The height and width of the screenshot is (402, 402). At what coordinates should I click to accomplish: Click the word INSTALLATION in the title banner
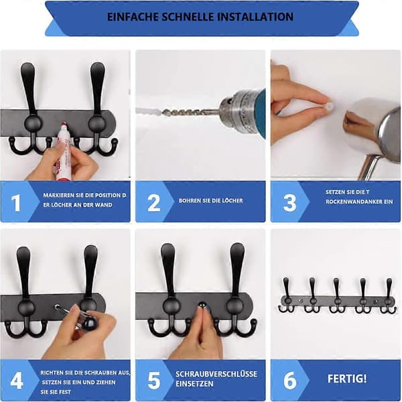(x=257, y=17)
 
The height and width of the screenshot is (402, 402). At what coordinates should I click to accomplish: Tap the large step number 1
(x=16, y=203)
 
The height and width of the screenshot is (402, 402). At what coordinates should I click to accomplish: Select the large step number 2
(x=154, y=203)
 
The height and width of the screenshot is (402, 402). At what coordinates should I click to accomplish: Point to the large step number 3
(x=290, y=203)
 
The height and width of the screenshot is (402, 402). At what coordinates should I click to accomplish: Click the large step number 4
(x=16, y=381)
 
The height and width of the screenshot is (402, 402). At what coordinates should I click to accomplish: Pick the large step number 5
(x=154, y=381)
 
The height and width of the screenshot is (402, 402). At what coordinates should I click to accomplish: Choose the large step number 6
(x=290, y=381)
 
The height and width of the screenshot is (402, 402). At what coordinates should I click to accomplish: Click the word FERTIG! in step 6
(x=347, y=379)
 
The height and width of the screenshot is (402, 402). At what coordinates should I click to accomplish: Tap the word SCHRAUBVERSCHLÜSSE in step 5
(x=216, y=374)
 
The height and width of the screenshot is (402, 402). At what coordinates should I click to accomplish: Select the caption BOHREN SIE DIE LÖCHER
(x=211, y=200)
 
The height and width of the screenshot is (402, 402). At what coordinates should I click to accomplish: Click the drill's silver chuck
(x=236, y=111)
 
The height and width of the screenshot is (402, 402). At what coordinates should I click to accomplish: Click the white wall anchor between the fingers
(x=330, y=106)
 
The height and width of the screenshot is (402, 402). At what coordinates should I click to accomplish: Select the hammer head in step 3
(x=388, y=136)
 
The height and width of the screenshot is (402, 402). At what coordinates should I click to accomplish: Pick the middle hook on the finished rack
(x=336, y=295)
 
